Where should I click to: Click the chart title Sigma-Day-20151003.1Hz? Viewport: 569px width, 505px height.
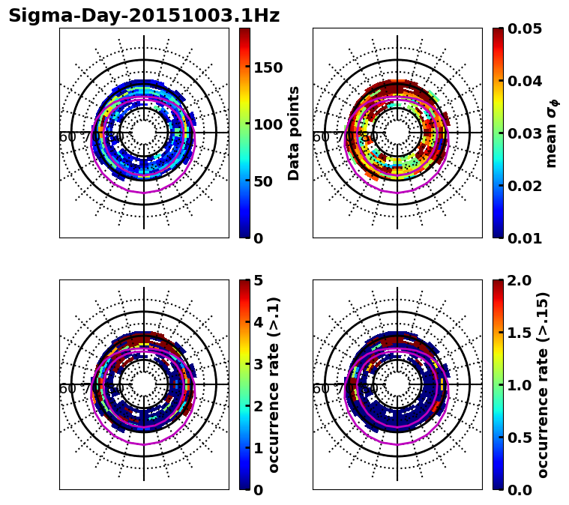click(144, 16)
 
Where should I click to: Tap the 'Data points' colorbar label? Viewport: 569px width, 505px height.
click(294, 133)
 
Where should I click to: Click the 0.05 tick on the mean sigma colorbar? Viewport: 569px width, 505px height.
click(525, 28)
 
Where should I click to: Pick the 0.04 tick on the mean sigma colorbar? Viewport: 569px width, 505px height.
click(525, 81)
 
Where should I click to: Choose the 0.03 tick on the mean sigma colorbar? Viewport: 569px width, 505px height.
click(525, 133)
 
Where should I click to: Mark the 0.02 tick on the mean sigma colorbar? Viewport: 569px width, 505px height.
click(525, 186)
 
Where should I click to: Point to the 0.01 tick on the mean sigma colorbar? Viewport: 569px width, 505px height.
click(525, 238)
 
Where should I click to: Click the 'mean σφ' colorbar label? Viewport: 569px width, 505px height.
click(551, 133)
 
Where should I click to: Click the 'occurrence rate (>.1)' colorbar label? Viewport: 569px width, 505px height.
click(274, 385)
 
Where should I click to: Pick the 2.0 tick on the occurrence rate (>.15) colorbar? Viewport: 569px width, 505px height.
click(520, 281)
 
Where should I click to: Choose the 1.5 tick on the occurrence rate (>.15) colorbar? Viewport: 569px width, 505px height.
click(520, 333)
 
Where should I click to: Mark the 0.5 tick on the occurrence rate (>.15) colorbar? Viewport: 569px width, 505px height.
click(520, 438)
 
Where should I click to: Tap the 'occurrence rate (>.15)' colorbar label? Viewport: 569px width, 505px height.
click(543, 385)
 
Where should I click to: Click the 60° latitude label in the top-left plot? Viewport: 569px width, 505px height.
click(67, 137)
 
